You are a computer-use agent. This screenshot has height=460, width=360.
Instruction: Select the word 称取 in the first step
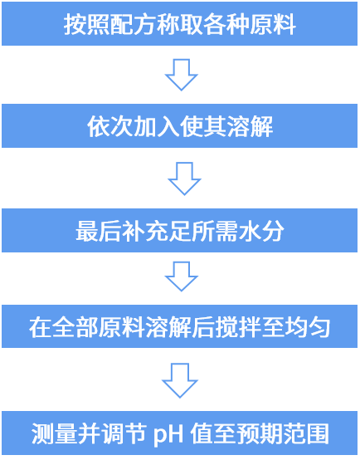point(179,24)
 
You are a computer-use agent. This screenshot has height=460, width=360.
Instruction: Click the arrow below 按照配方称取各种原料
point(182,75)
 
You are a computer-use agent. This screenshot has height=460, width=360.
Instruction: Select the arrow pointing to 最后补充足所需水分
point(184,179)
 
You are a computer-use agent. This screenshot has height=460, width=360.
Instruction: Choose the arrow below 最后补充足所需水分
point(182,276)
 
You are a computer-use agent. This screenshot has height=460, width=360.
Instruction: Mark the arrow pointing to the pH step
point(180,380)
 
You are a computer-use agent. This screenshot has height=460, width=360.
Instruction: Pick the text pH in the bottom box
point(168,434)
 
